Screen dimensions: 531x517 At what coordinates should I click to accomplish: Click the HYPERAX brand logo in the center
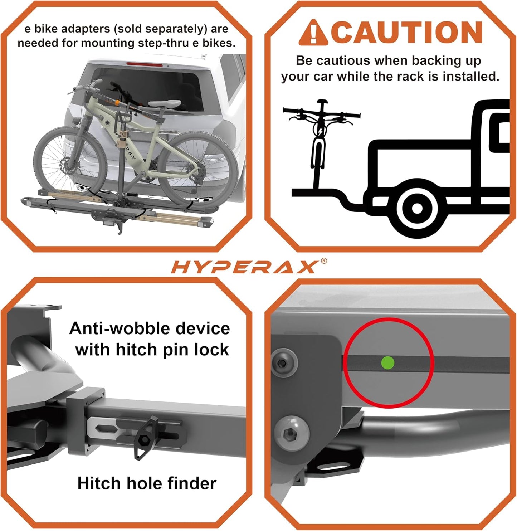click(244, 267)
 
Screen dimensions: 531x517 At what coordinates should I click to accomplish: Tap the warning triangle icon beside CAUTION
click(313, 33)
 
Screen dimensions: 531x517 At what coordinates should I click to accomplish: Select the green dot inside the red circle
click(388, 362)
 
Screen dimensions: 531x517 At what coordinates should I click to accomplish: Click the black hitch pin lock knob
click(146, 438)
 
